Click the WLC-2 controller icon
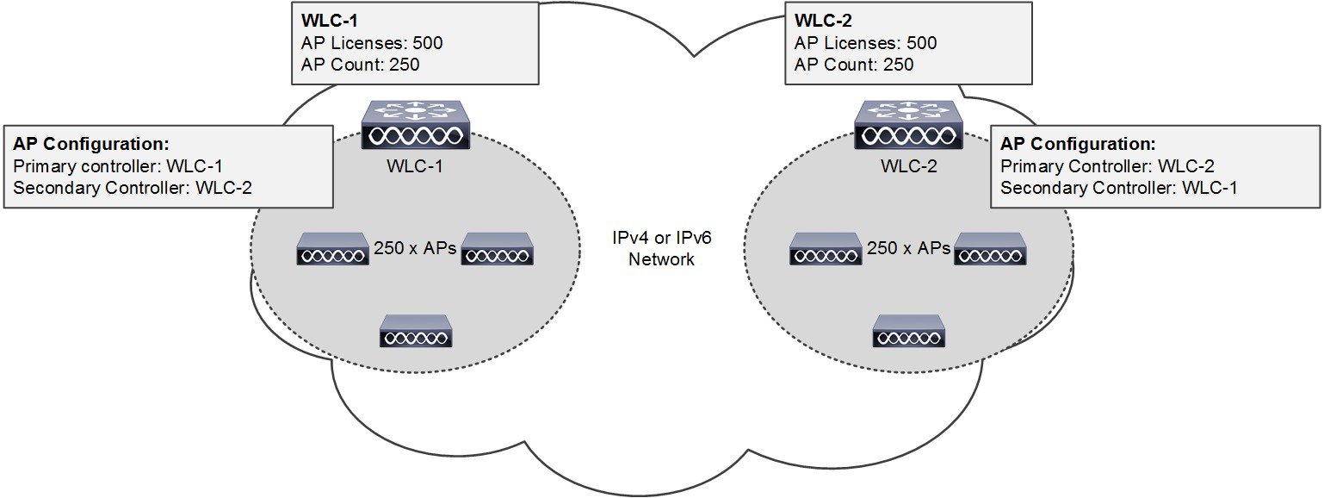909,126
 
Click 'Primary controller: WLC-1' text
121,166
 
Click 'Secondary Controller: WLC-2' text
133,188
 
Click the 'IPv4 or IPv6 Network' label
661,249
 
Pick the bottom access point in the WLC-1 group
416,331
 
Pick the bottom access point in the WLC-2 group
909,331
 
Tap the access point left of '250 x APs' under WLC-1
333,249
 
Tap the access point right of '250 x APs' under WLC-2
991,249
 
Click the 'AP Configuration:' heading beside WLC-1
90,144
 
